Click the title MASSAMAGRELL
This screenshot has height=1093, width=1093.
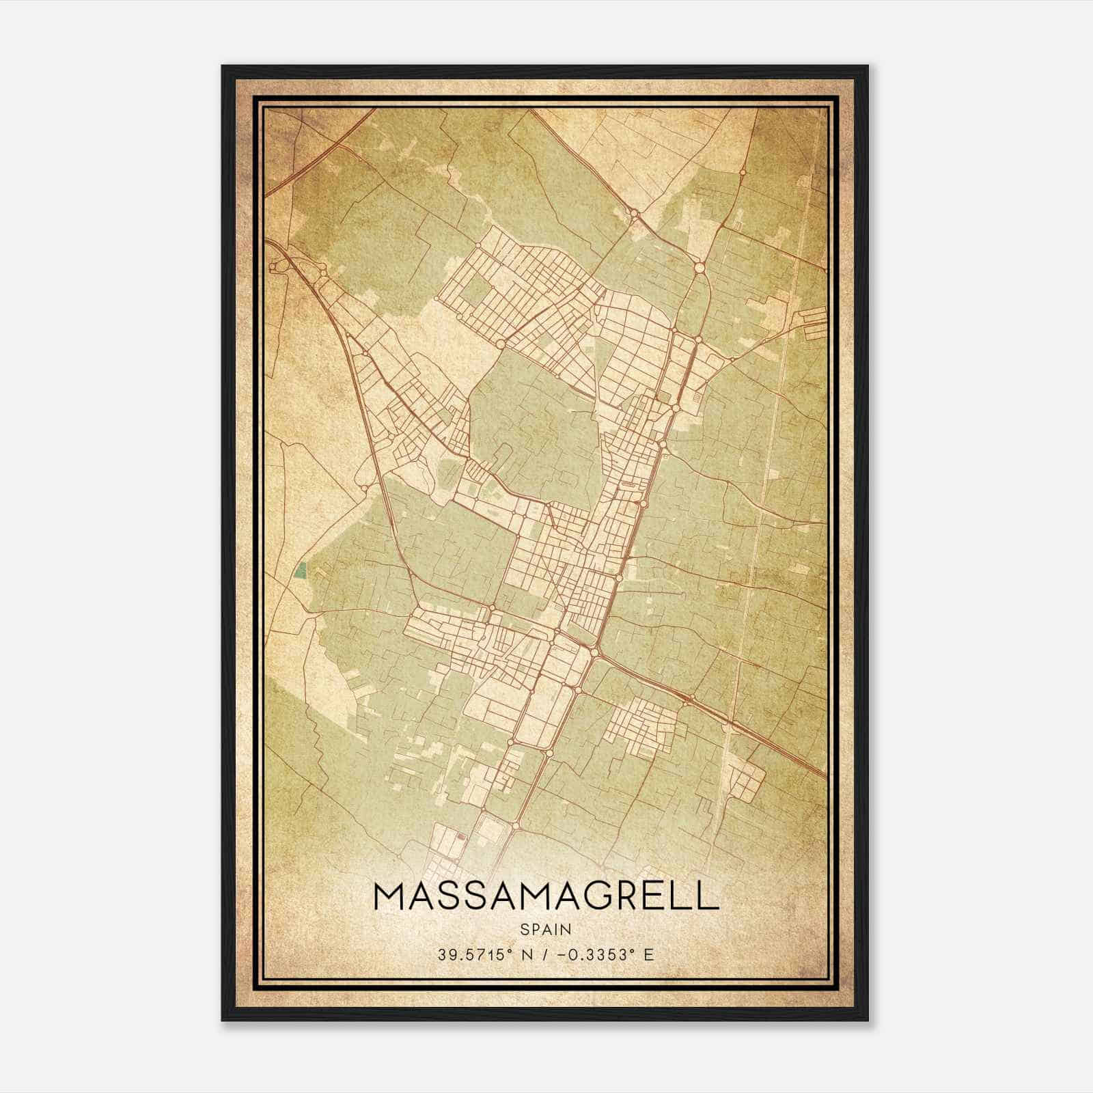click(546, 896)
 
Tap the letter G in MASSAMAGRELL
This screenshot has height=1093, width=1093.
click(579, 896)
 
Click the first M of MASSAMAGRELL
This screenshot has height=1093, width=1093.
click(392, 896)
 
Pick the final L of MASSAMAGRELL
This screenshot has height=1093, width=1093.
click(708, 896)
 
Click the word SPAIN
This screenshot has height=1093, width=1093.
click(546, 929)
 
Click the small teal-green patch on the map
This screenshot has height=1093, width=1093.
click(300, 570)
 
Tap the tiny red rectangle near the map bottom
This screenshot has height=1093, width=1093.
click(460, 835)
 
